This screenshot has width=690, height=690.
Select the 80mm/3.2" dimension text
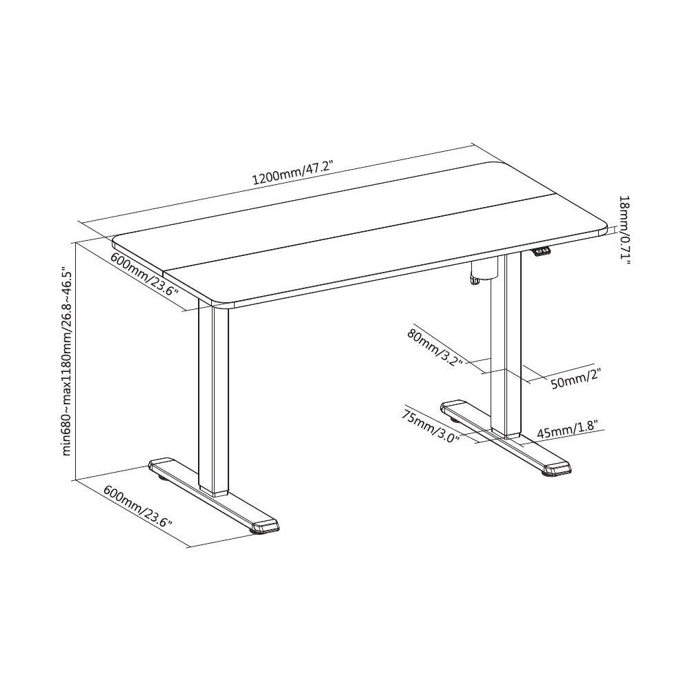click(x=435, y=347)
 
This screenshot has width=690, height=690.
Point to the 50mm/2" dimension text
click(x=575, y=379)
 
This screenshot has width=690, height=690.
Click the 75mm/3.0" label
click(x=430, y=426)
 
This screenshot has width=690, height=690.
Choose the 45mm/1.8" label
click(x=567, y=430)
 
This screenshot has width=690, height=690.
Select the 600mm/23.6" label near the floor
click(x=137, y=506)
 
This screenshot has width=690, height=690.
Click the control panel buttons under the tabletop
click(x=542, y=251)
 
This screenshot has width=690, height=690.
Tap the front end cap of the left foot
click(x=265, y=527)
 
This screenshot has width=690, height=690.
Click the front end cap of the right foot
click(x=557, y=469)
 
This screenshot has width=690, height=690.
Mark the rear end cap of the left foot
click(x=161, y=464)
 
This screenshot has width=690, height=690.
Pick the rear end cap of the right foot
click(x=453, y=405)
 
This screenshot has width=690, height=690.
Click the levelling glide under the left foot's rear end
click(x=161, y=477)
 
